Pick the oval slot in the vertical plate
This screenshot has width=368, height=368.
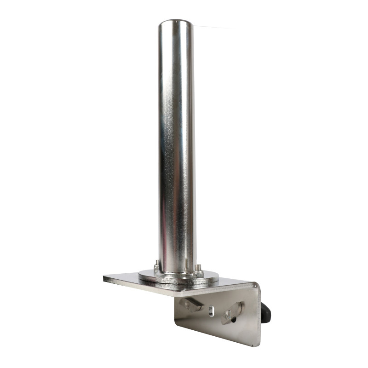pos(211,311)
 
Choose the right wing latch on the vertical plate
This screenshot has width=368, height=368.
pos(232,313)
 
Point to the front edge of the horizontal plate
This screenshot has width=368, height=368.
pos(175,292)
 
